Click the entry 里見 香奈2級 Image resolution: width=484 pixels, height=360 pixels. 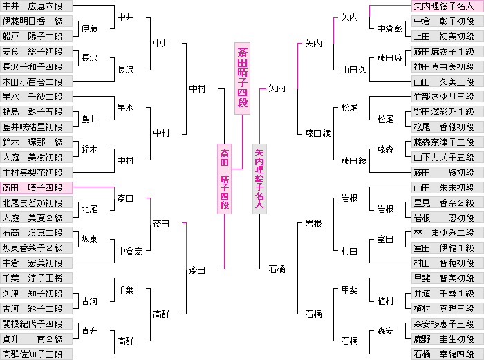pyautogui.click(x=444, y=202)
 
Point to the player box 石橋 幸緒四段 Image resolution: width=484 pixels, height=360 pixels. pyautogui.click(x=444, y=354)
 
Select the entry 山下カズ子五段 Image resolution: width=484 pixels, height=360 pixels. pyautogui.click(x=444, y=158)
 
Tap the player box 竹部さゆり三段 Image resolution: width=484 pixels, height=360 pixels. pyautogui.click(x=444, y=97)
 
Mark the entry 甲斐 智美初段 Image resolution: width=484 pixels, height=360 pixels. pyautogui.click(x=444, y=278)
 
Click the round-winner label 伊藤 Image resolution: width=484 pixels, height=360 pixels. pyautogui.click(x=90, y=29)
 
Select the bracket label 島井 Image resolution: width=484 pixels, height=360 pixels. pyautogui.click(x=90, y=120)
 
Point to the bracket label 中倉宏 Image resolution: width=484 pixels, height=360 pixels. pyautogui.click(x=130, y=251)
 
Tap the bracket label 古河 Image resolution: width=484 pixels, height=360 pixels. pyautogui.click(x=90, y=301)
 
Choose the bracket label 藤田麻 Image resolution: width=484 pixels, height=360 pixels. pyautogui.click(x=390, y=59)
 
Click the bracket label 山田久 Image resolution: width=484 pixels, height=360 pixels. pyautogui.click(x=353, y=70)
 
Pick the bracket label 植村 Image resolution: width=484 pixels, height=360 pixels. pyautogui.click(x=386, y=301)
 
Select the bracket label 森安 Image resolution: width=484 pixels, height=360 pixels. pyautogui.click(x=386, y=332)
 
